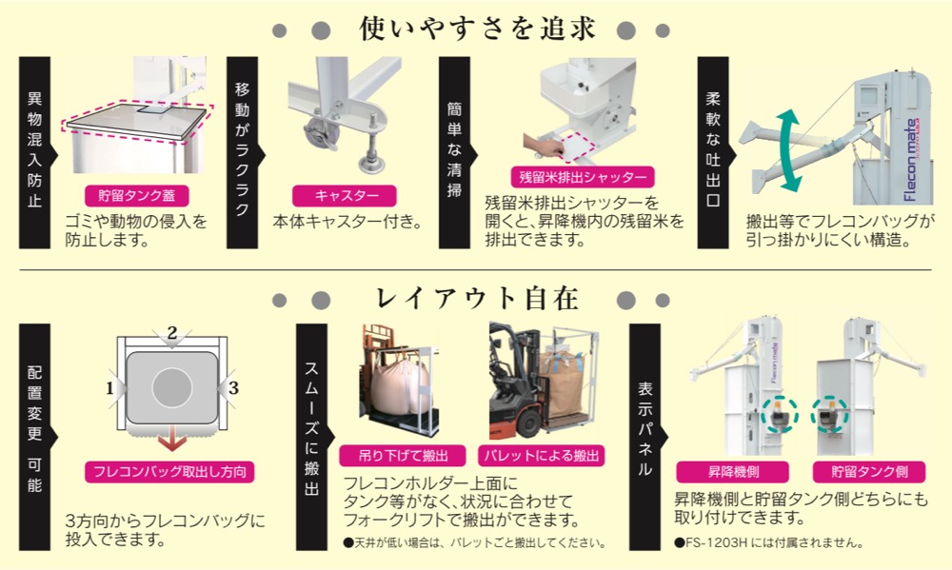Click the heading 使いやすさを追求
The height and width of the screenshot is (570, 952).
(478, 29)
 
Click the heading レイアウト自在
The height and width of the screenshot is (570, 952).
(478, 300)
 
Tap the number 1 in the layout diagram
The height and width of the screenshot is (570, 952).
(110, 388)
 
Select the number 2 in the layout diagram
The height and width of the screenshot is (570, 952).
(171, 333)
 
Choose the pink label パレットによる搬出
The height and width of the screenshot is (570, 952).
(541, 455)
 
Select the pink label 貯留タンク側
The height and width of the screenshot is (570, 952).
(863, 471)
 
